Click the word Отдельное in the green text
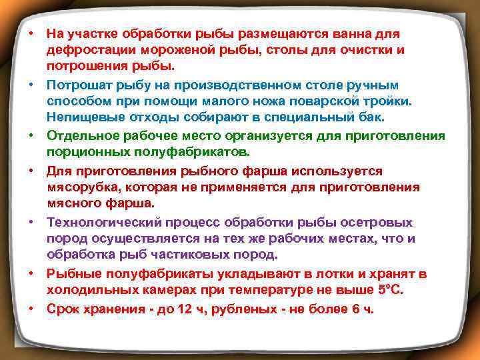pos(79,136)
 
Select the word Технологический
pos(101,221)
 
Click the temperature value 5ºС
pos(388,290)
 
